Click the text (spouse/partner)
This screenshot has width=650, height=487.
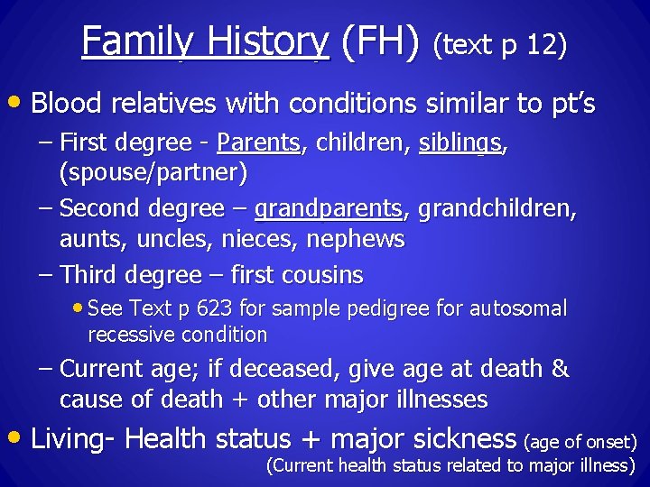click(x=153, y=170)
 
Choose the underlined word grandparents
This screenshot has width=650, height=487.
click(x=329, y=209)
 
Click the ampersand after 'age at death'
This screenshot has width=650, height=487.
click(x=560, y=369)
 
